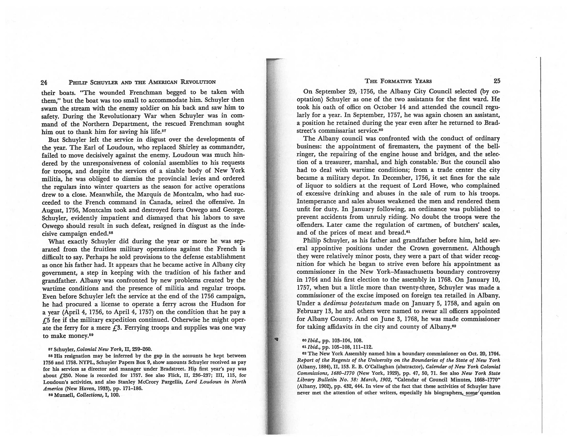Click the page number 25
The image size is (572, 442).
click(497, 81)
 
